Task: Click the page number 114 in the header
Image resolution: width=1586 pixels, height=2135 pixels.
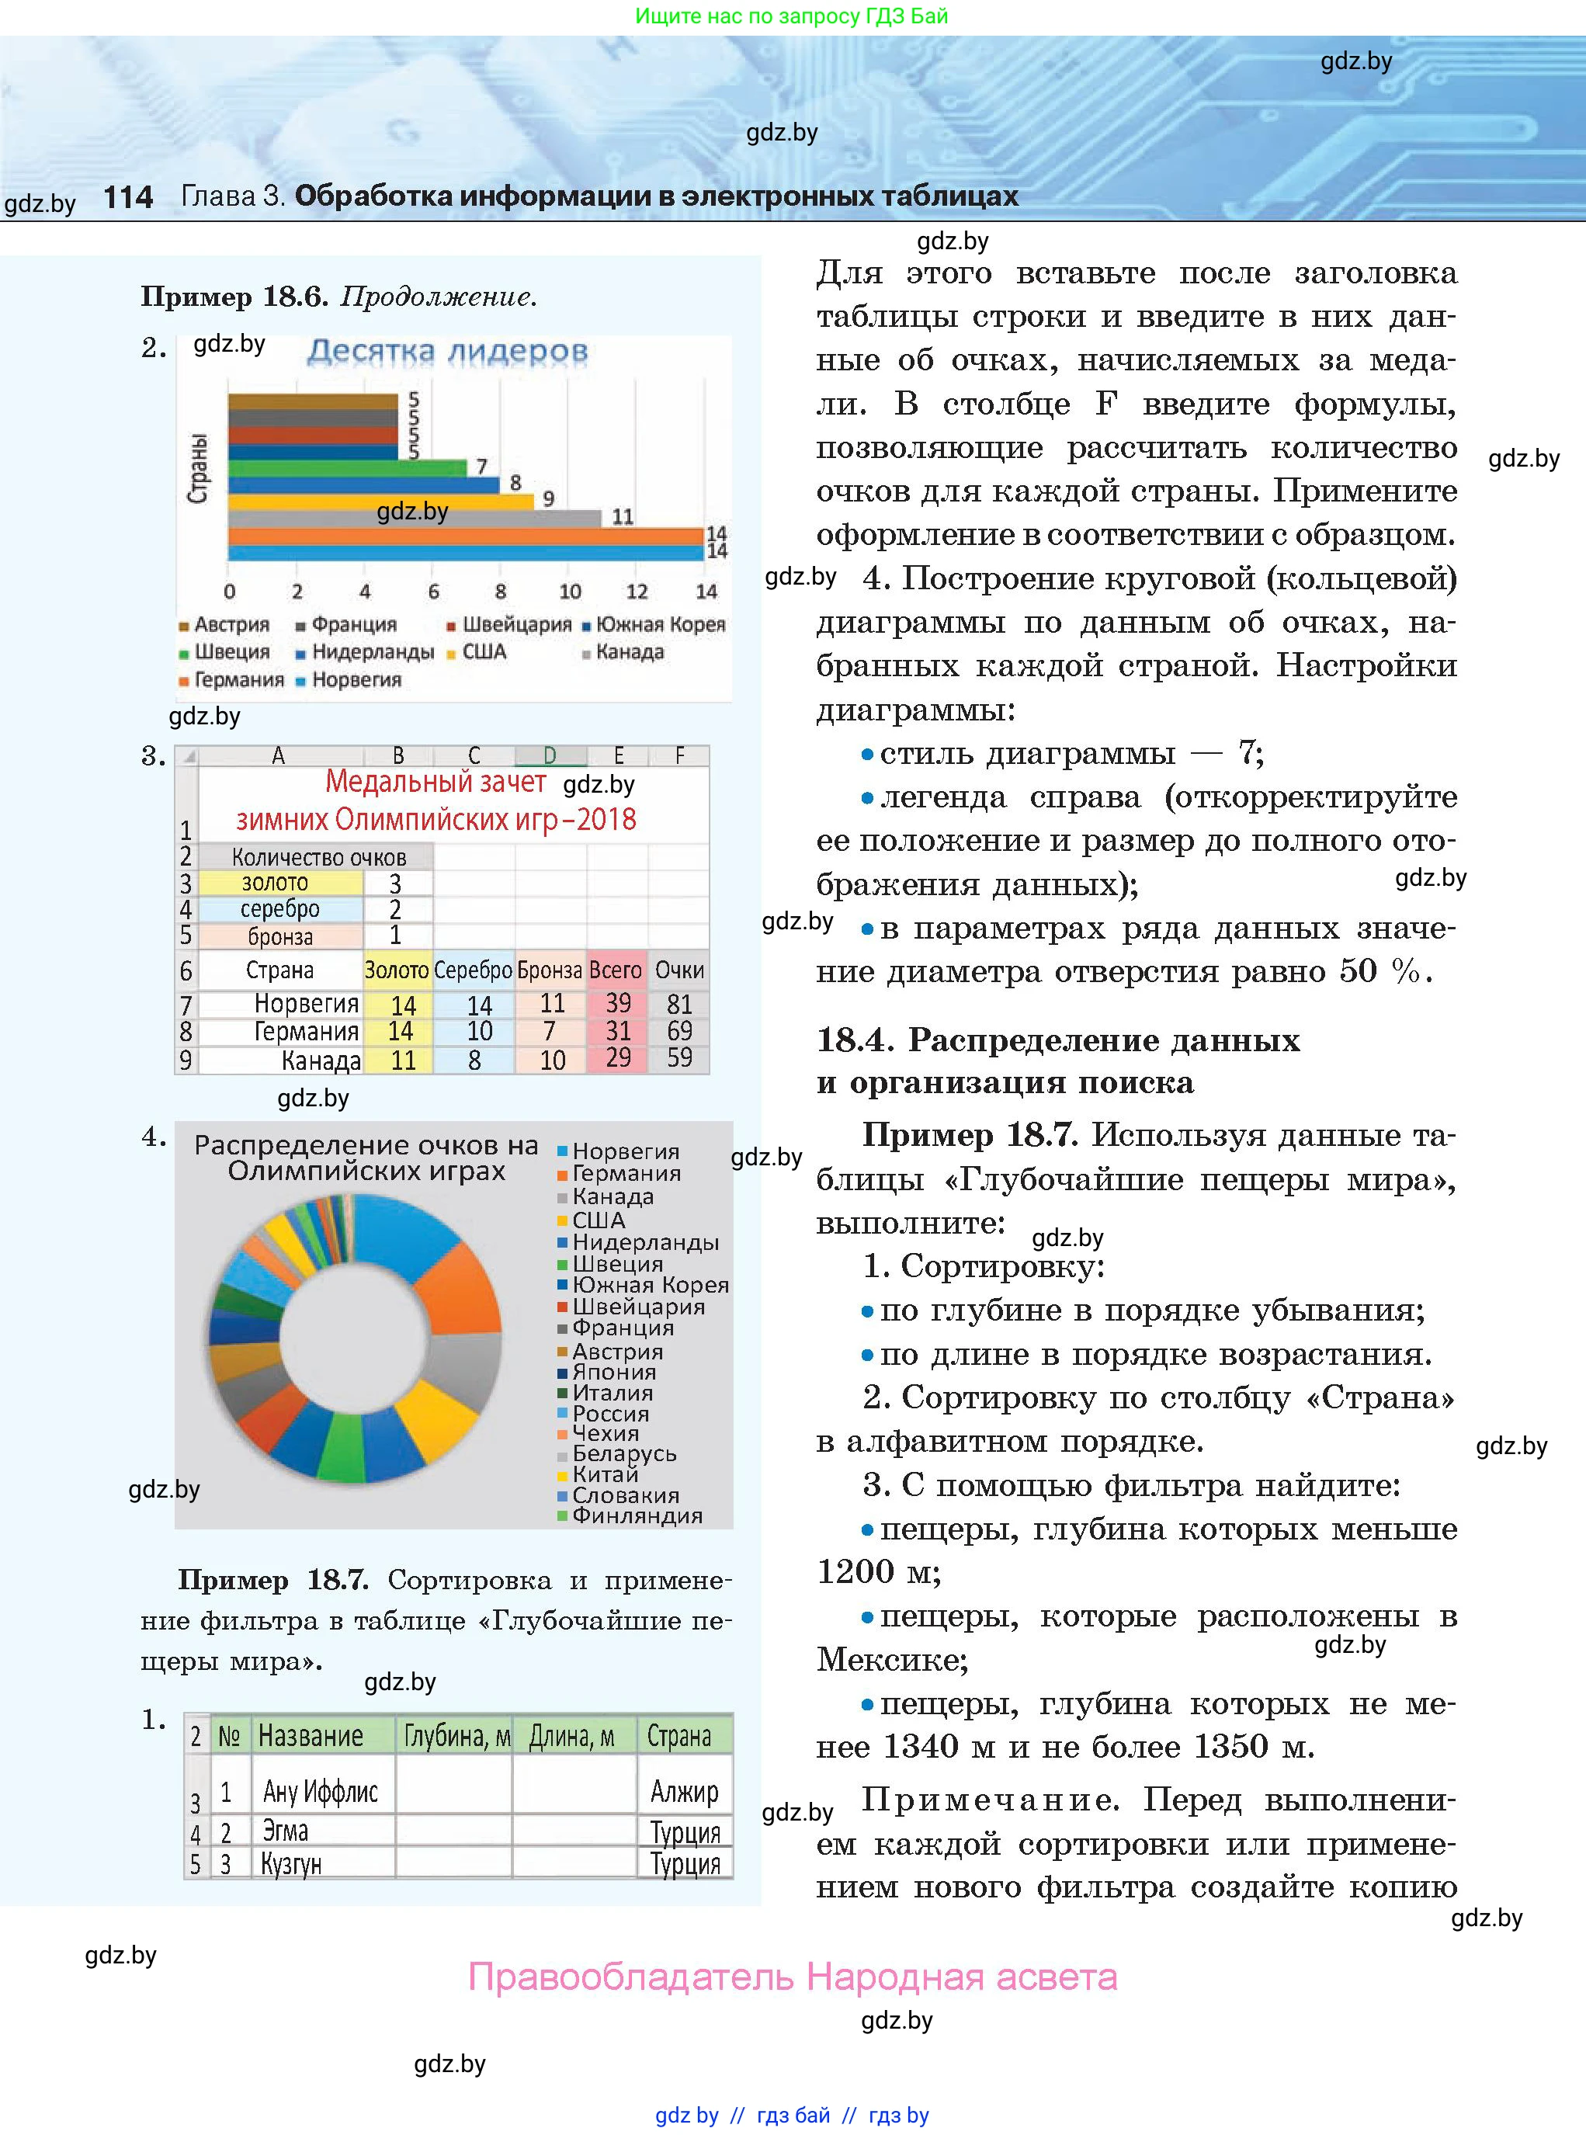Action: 127,198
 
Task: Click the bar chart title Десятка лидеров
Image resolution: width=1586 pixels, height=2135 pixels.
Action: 447,352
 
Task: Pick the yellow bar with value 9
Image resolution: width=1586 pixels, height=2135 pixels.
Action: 380,501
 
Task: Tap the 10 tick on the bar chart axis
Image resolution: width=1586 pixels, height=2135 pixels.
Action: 569,592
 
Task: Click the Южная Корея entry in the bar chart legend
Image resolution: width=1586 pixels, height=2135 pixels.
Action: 660,625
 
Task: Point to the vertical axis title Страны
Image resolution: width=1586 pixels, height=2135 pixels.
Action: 197,468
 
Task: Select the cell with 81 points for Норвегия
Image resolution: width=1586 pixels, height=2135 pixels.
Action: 678,1004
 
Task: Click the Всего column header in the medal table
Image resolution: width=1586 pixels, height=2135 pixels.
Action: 616,970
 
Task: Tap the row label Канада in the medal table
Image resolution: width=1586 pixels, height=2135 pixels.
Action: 321,1061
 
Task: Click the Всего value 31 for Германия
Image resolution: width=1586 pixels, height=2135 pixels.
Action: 617,1032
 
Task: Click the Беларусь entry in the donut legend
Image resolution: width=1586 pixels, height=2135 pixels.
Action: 624,1453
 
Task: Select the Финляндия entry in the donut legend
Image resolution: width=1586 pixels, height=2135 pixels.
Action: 637,1515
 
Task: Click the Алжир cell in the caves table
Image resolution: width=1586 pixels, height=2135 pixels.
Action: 684,1791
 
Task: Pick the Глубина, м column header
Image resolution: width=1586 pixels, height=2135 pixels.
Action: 456,1737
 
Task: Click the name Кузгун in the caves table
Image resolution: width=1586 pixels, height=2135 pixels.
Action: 292,1864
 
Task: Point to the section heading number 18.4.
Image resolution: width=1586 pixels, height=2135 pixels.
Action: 855,1040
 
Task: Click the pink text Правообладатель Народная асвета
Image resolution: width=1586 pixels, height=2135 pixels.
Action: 793,1977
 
